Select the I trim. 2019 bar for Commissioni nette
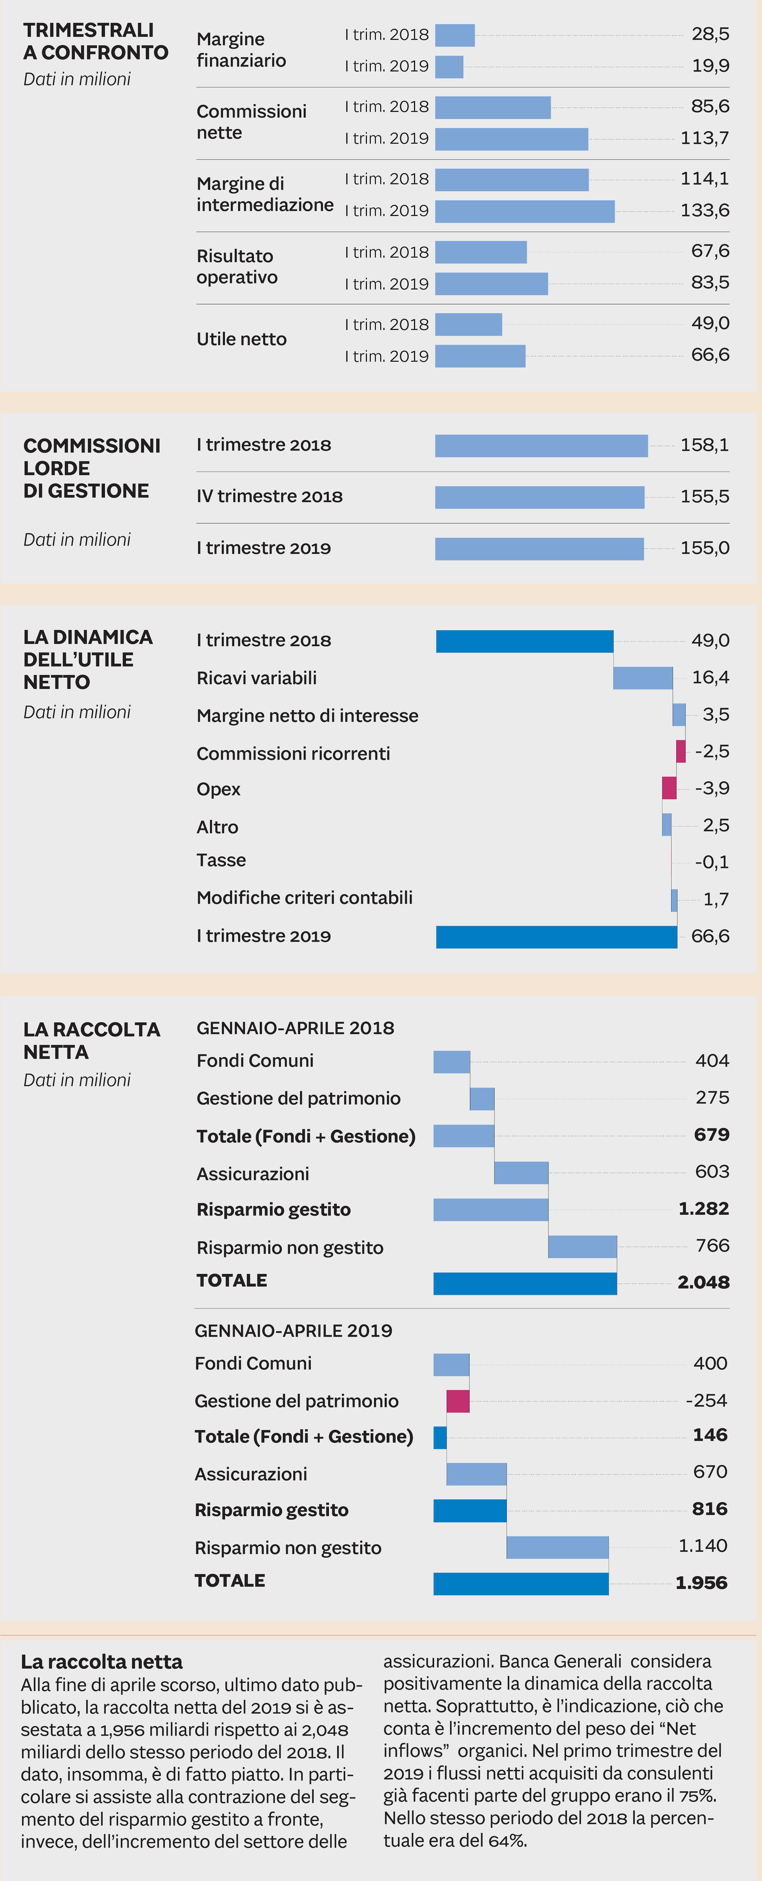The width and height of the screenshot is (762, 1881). [x=511, y=139]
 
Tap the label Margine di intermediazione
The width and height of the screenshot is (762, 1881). [x=265, y=194]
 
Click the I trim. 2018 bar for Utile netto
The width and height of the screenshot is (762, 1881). [x=468, y=324]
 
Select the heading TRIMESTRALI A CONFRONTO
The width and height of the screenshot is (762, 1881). [x=95, y=42]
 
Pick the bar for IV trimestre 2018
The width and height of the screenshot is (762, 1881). [x=539, y=497]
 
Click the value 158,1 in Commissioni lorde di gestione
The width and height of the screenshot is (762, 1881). [x=704, y=445]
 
